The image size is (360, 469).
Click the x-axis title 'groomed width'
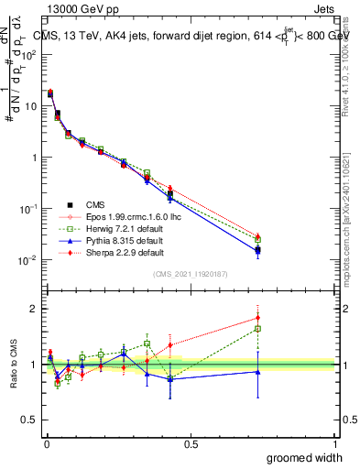[305, 456]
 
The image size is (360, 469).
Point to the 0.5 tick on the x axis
[191, 444]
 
